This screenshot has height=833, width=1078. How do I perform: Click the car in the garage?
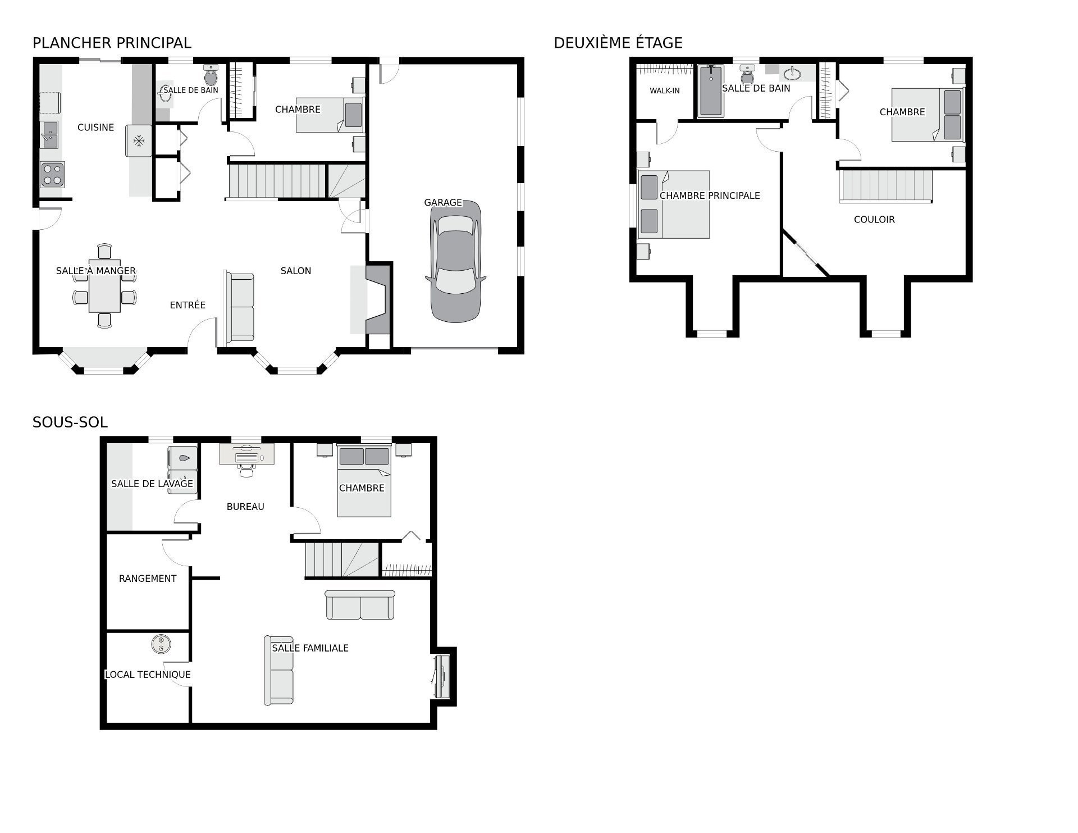[x=455, y=262]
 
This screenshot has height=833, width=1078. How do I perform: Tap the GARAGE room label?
[x=443, y=202]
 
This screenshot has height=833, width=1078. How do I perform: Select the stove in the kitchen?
[x=52, y=174]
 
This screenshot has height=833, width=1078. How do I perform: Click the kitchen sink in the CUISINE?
[x=49, y=134]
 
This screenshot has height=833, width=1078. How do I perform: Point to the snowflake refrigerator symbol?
[x=138, y=140]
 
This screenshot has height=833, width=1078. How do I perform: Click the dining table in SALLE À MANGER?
[x=104, y=285]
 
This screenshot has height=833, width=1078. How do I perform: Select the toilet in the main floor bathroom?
[x=211, y=75]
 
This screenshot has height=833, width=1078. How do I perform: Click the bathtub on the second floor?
[x=710, y=91]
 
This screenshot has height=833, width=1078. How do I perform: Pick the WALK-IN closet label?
[x=665, y=90]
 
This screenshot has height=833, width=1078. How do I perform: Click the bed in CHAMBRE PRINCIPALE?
[x=674, y=204]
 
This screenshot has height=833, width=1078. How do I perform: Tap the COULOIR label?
[x=874, y=220]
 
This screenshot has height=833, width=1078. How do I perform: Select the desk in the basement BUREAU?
[x=246, y=454]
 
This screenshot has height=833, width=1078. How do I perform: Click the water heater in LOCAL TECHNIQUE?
[x=161, y=644]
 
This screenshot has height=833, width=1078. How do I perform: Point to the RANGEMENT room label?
[x=148, y=579]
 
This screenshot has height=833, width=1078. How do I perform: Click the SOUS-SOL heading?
[x=70, y=422]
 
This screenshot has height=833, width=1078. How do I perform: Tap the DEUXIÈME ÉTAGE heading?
[x=618, y=43]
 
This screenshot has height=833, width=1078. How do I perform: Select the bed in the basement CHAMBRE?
[x=364, y=481]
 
